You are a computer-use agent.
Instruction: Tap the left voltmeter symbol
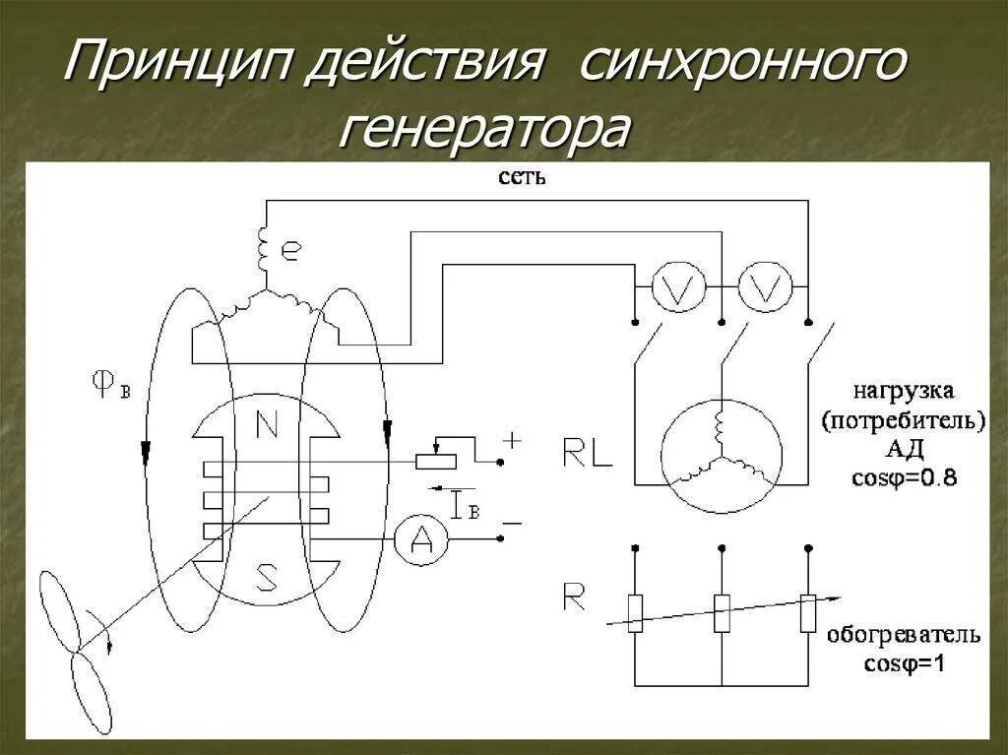676,287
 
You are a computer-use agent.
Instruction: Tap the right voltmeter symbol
765,287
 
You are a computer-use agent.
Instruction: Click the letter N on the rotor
266,424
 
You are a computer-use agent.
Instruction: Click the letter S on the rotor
266,576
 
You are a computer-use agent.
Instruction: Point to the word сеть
522,178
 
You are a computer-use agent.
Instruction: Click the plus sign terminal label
512,442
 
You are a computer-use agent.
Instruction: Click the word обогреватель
903,635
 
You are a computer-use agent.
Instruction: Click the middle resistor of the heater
722,613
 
